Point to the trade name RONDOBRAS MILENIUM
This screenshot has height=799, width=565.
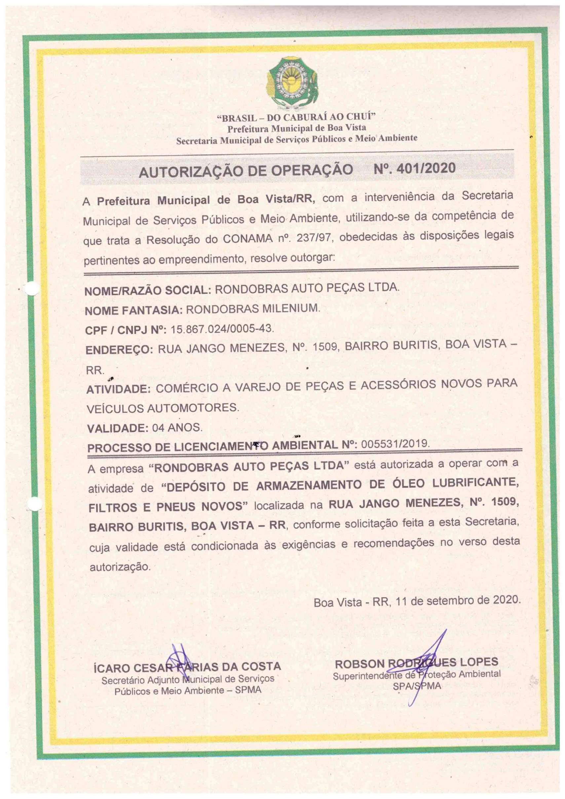pos(252,309)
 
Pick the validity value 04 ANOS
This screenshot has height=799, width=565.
pos(177,427)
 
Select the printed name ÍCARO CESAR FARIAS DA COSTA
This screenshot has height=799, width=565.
pos(187,667)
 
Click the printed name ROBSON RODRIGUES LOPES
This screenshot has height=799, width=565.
pos(416,662)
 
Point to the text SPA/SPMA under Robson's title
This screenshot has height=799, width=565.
pos(416,686)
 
